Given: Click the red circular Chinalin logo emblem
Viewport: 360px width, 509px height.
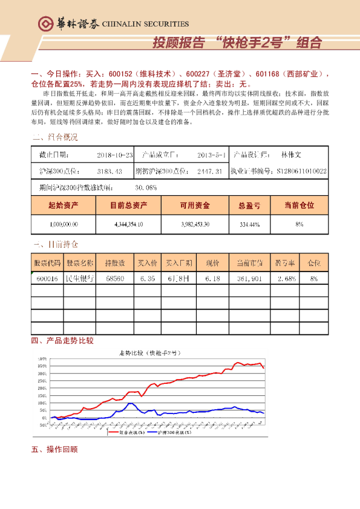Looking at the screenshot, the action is pyautogui.click(x=45, y=24).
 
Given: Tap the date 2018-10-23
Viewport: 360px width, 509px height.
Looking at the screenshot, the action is pyautogui.click(x=114, y=155).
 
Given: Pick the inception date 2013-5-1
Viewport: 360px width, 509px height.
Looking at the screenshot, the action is pyautogui.click(x=211, y=155).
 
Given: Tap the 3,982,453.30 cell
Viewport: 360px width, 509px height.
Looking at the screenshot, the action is pyautogui.click(x=194, y=224).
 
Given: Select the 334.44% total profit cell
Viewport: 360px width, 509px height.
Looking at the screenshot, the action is pyautogui.click(x=249, y=224).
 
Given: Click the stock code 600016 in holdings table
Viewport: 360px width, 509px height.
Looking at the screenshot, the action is pyautogui.click(x=47, y=279).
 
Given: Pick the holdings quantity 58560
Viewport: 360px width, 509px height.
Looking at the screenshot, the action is pyautogui.click(x=115, y=279).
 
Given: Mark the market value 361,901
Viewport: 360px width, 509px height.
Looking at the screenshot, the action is pyautogui.click(x=249, y=279).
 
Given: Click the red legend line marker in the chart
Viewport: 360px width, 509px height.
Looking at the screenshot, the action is pyautogui.click(x=113, y=433).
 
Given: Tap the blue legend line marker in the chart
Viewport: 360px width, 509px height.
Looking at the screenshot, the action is pyautogui.click(x=152, y=433).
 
